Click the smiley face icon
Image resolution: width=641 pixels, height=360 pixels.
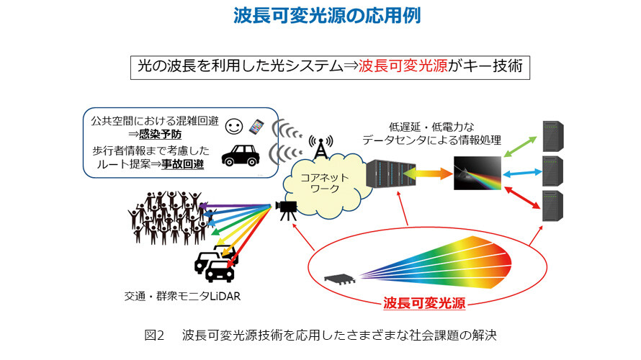click(x=234, y=127)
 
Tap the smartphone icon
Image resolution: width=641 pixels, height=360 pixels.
click(x=256, y=127)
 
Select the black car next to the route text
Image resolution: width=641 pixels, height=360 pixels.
click(x=241, y=156)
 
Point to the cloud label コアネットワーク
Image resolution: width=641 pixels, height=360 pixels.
click(x=325, y=183)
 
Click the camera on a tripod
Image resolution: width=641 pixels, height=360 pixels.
click(x=287, y=210)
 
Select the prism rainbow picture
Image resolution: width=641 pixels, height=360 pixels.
click(x=478, y=173)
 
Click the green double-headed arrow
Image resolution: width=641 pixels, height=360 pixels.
click(x=520, y=147)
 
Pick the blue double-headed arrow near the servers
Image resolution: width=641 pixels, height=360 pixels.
click(x=522, y=174)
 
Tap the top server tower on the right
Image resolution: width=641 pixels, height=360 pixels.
click(x=552, y=136)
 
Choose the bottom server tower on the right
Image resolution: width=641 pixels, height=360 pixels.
click(x=552, y=206)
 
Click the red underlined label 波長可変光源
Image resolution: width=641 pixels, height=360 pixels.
click(x=424, y=303)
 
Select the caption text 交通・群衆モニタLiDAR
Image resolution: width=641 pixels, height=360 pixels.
click(x=182, y=296)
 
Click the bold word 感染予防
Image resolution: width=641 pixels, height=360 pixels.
click(x=160, y=134)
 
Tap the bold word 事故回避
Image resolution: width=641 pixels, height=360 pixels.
click(x=182, y=164)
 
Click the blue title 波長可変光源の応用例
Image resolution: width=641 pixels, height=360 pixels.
click(x=327, y=16)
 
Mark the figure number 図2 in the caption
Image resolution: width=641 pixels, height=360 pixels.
click(x=155, y=336)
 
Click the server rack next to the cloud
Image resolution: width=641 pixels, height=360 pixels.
click(x=391, y=174)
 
